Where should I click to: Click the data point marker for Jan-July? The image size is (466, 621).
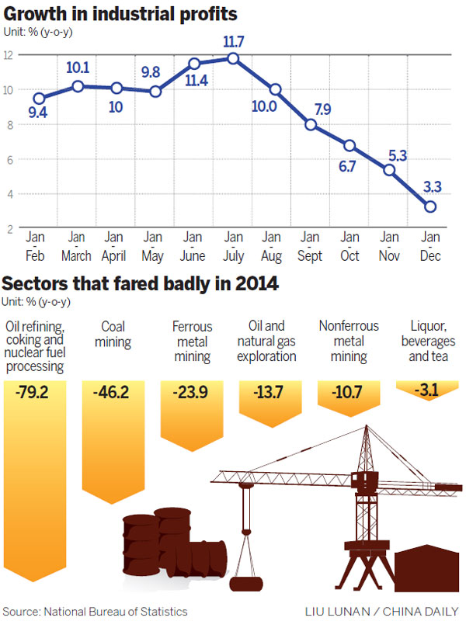pos(232,58)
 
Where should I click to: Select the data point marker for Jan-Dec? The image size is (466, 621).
pos(429,206)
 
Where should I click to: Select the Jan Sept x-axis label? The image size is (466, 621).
pos(311,246)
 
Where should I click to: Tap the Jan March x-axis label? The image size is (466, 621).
pos(76,246)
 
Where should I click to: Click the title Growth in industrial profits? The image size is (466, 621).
pos(120,14)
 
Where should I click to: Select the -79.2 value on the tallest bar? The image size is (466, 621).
pos(32,393)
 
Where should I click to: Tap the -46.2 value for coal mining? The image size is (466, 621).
pos(111,393)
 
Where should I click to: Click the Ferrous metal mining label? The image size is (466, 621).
pos(192,342)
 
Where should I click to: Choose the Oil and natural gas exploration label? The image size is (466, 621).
pos(267,342)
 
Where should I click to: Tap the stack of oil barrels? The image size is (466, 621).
pos(172,543)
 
